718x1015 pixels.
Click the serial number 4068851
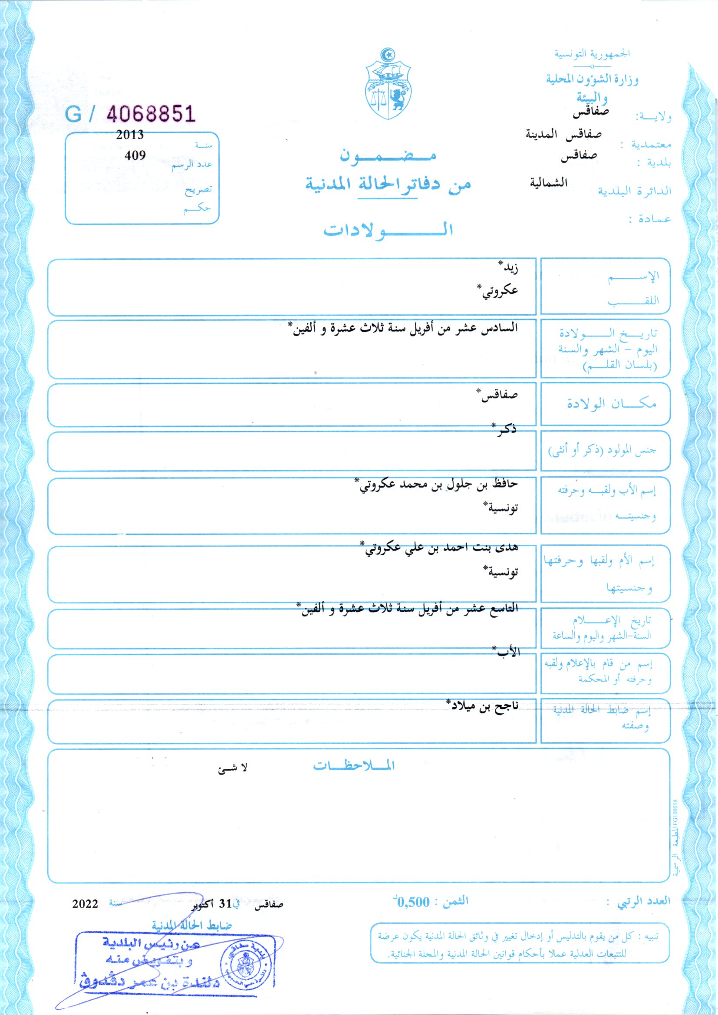tap(151, 114)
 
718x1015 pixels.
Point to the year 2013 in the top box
tap(130, 135)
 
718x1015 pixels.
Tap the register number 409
tap(135, 155)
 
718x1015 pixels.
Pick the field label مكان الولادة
tap(612, 404)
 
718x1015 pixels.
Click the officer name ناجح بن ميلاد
tap(481, 706)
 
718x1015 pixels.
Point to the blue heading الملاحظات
tap(354, 766)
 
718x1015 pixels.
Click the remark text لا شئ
tap(233, 768)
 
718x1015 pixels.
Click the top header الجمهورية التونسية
tap(592, 53)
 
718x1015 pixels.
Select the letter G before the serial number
tap(73, 114)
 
